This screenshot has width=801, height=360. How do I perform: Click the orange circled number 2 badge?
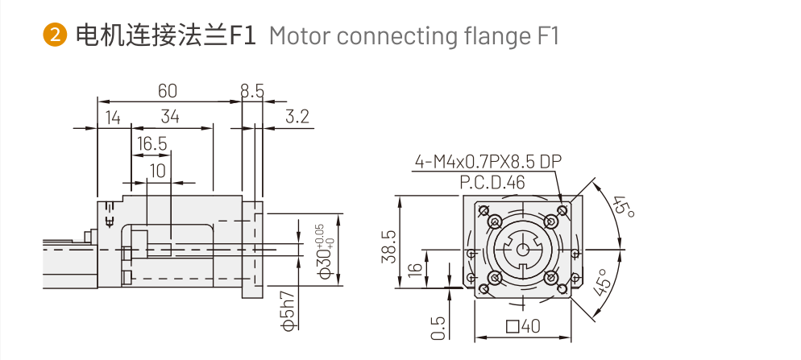[x=54, y=35]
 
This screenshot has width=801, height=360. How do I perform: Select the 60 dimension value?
[x=168, y=90]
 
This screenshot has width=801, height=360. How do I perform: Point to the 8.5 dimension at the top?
[x=252, y=90]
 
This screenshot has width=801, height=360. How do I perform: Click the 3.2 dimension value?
[x=297, y=117]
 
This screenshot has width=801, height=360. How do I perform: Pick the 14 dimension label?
[x=112, y=117]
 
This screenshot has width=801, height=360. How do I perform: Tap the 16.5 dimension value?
[x=151, y=144]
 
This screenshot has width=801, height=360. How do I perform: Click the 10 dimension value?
[x=157, y=170]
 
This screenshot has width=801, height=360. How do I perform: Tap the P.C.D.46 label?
[x=492, y=182]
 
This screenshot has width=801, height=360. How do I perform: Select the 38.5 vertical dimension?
[x=388, y=246]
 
